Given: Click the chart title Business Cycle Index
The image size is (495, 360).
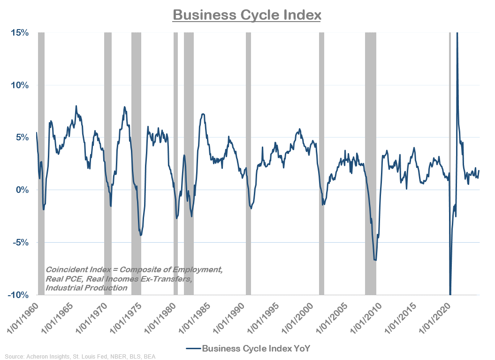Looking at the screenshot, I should pos(247,15).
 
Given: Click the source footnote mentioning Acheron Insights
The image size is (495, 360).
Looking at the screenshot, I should pos(78,357).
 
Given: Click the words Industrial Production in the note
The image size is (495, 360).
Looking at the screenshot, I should pos(86,288).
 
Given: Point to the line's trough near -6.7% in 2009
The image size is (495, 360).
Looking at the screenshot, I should pos(375,260).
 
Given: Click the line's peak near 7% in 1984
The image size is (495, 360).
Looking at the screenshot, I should pos(202,114).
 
